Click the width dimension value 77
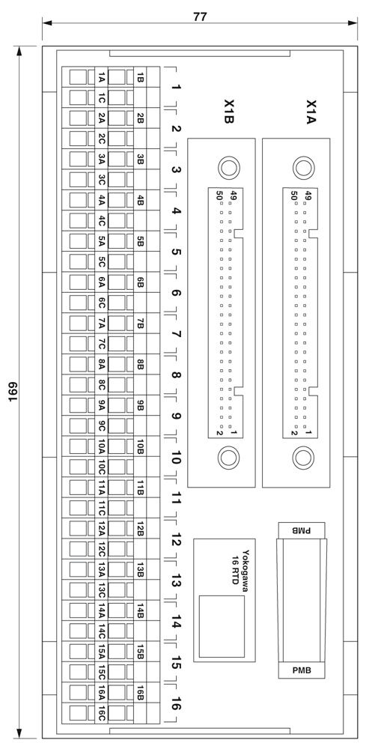click(x=200, y=16)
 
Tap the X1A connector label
click(x=311, y=112)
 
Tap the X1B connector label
click(x=228, y=112)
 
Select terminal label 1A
click(x=102, y=77)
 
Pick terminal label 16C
click(x=102, y=713)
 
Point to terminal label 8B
click(x=140, y=365)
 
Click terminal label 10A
click(x=102, y=446)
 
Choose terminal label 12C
click(x=102, y=550)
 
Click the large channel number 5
click(x=176, y=252)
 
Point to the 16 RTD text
click(x=234, y=566)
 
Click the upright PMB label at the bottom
click(x=302, y=670)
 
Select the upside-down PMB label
click(x=302, y=530)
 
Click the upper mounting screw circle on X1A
click(x=303, y=168)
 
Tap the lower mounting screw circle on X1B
click(x=228, y=458)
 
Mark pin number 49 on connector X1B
click(x=234, y=195)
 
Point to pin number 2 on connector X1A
click(x=295, y=433)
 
